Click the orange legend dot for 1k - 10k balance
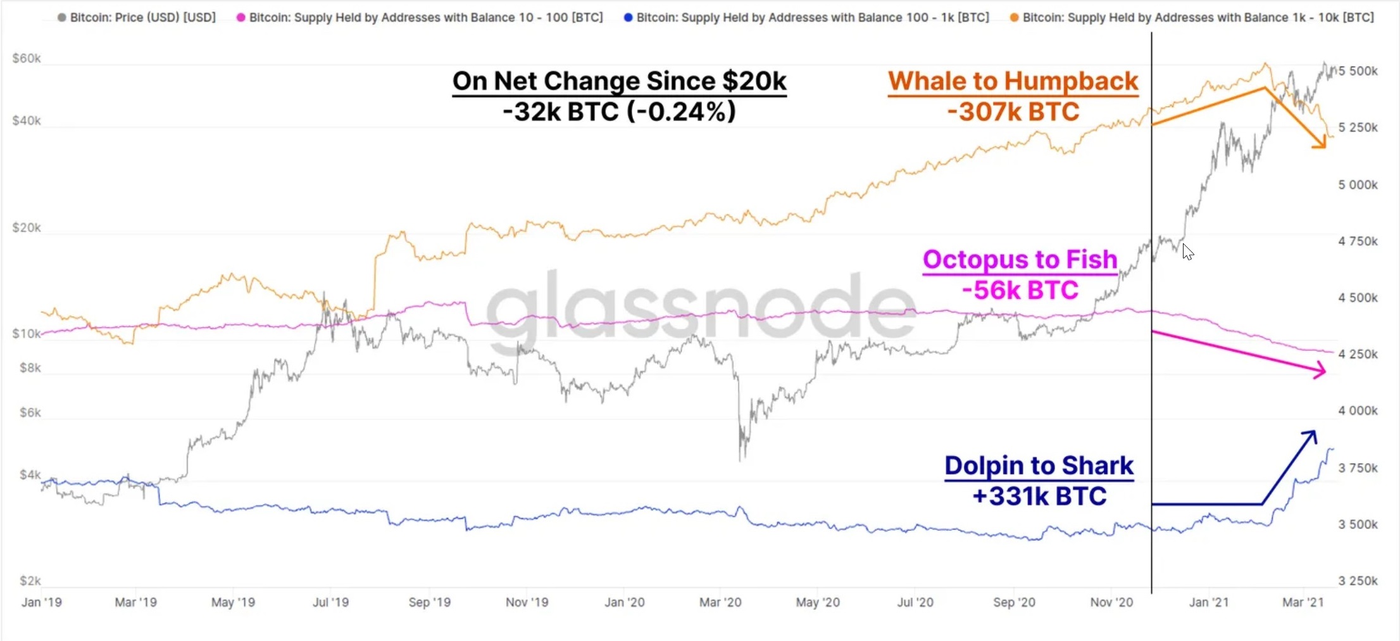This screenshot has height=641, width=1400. (x=1015, y=18)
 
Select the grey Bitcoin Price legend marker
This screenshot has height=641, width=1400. (x=61, y=18)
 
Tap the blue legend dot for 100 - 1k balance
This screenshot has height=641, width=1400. (x=628, y=18)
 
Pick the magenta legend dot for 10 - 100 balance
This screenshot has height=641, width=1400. (x=241, y=18)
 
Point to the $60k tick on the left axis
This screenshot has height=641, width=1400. (x=27, y=58)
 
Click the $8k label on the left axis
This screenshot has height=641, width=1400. (x=30, y=367)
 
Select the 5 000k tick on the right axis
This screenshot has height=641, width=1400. (x=1358, y=184)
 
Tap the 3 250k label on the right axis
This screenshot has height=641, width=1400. (x=1358, y=581)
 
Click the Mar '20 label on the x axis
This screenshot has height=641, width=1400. (x=720, y=602)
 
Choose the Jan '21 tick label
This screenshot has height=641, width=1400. (x=1209, y=602)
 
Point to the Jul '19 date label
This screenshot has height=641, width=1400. (x=330, y=602)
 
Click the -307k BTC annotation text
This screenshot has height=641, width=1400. (x=1013, y=112)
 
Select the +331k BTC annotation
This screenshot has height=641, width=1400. (x=1039, y=496)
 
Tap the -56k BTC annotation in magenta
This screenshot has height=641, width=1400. (x=1020, y=290)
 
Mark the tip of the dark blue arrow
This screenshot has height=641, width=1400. (x=1315, y=433)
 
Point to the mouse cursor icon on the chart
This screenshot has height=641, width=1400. (x=1187, y=251)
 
